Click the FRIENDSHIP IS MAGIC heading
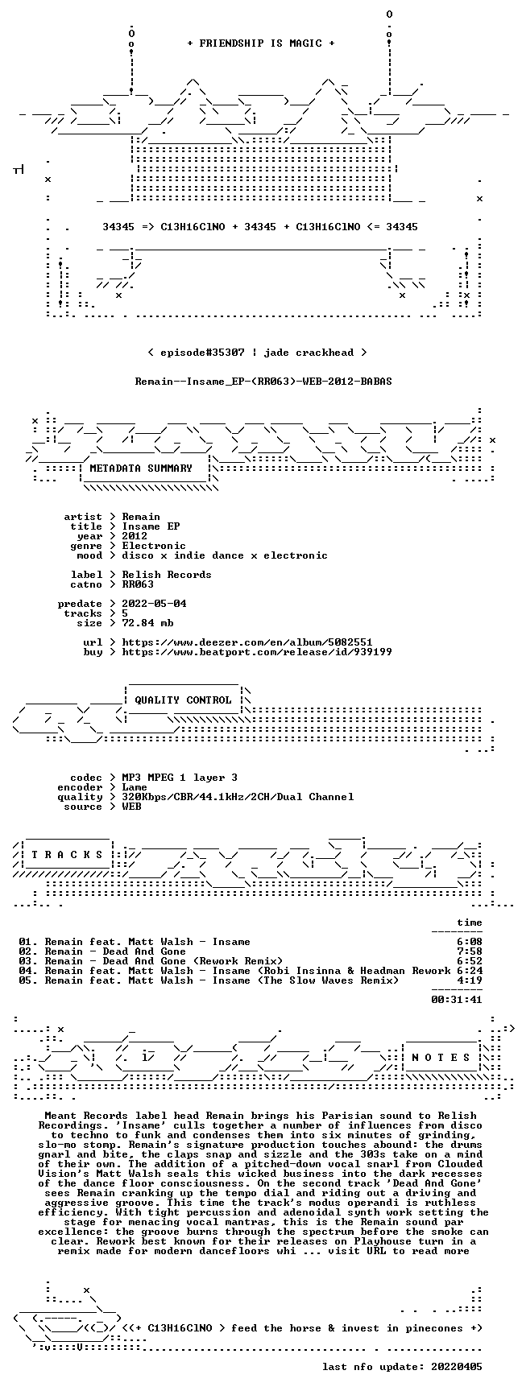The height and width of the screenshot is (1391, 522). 260,43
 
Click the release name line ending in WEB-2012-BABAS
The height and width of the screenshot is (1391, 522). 263,382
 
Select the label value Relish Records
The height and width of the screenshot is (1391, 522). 167,575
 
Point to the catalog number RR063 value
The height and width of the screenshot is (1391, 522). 138,584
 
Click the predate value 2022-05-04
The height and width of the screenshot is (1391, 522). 154,604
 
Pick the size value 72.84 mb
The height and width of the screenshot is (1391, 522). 147,623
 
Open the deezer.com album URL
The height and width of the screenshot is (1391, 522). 247,642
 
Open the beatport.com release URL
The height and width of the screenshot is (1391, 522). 257,652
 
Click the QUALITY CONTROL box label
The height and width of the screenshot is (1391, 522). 183,700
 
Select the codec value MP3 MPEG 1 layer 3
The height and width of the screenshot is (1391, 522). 180,778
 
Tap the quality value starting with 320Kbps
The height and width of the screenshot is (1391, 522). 238,797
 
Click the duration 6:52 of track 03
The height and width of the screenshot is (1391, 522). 470,961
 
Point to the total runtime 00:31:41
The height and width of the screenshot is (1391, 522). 457,1000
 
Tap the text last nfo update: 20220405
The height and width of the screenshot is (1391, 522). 402,1367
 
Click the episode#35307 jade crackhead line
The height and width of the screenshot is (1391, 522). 257,353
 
